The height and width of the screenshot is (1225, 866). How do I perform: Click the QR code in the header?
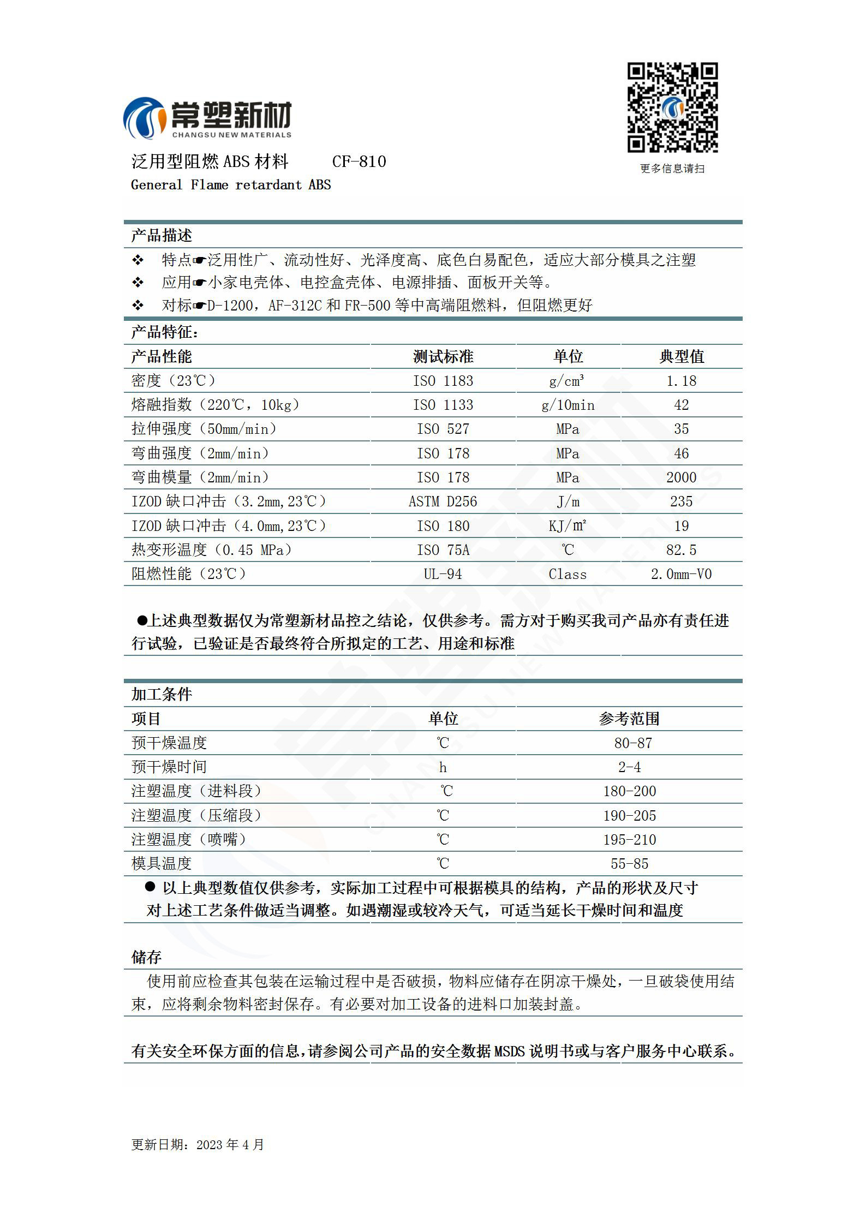click(672, 107)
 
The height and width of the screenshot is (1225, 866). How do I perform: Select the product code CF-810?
click(359, 162)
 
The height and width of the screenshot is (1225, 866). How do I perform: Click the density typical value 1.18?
click(681, 381)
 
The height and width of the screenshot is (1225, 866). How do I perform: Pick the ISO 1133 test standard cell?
click(443, 405)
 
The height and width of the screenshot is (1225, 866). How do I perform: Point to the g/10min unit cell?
click(568, 405)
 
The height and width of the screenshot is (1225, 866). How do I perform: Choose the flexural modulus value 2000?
click(681, 477)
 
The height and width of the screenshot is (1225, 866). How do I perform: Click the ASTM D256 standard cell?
click(443, 501)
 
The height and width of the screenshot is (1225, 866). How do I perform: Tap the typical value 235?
click(681, 501)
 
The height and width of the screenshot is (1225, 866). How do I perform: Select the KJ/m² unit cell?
click(568, 526)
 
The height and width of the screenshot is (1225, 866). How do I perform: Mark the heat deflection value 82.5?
click(681, 550)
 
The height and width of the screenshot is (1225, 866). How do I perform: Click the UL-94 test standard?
click(443, 574)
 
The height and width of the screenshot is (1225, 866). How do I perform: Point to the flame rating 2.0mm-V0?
click(681, 574)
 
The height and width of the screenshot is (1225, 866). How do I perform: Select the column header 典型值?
click(681, 357)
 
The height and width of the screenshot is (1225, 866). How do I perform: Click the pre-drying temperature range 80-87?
click(632, 743)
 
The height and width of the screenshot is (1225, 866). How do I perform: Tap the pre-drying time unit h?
click(443, 768)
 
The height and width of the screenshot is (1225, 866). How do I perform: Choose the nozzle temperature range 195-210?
click(629, 840)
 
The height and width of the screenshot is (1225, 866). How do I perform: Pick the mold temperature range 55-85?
click(629, 864)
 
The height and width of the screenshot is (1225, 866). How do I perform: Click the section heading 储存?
click(146, 957)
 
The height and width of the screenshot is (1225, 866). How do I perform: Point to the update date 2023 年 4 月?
click(230, 1144)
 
